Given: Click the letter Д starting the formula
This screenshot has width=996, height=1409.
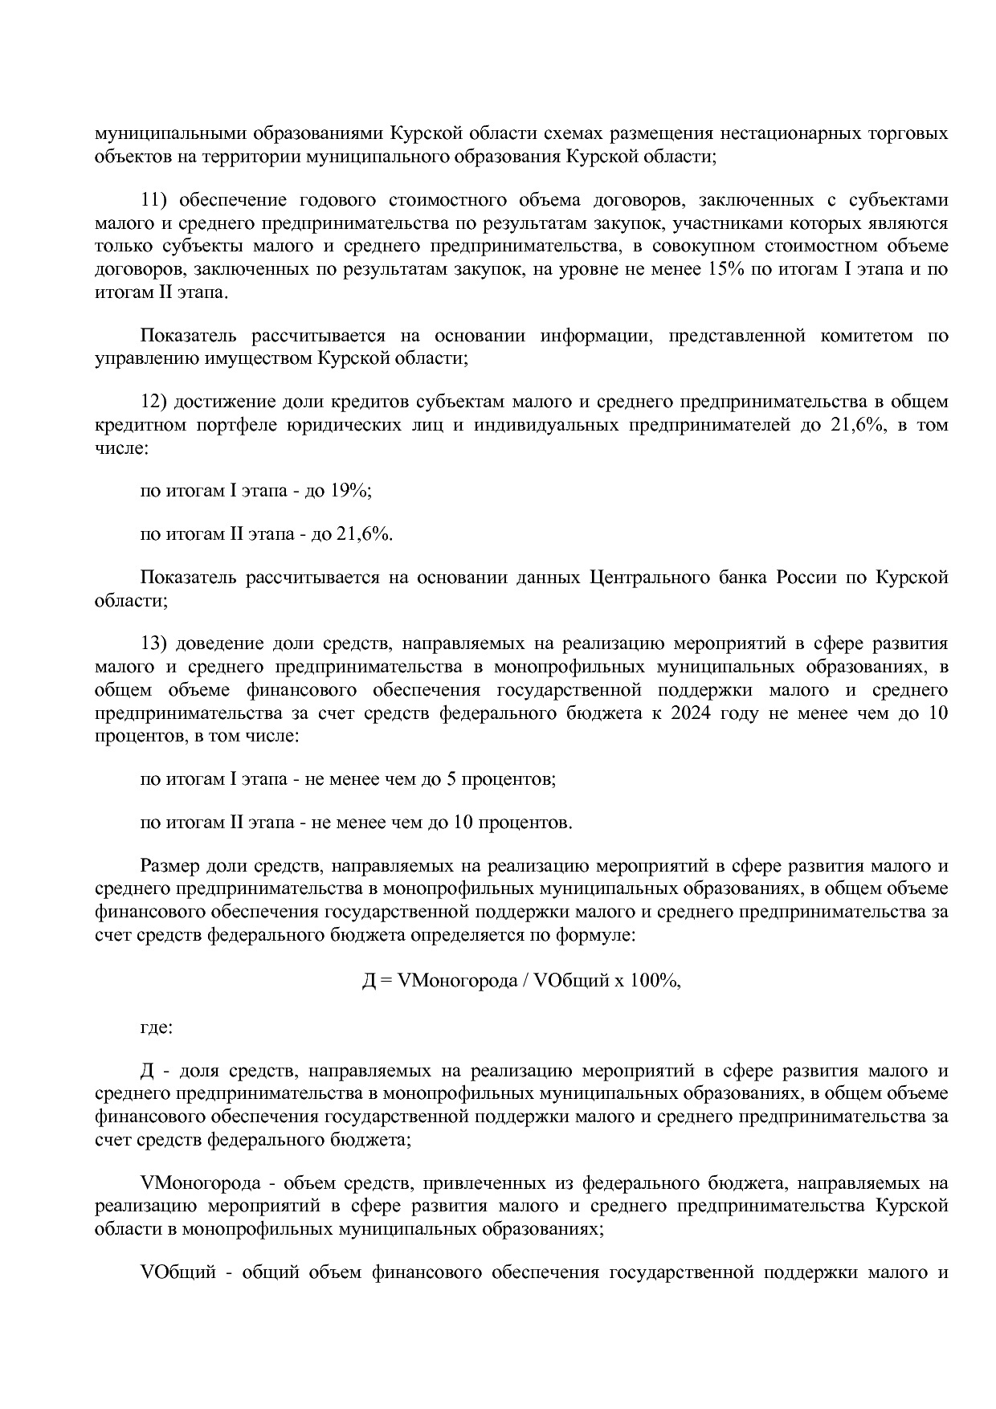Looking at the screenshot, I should [x=369, y=981].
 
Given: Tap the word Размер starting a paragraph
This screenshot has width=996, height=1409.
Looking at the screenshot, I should [x=170, y=866].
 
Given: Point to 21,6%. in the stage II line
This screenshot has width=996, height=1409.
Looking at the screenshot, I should [x=365, y=534].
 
